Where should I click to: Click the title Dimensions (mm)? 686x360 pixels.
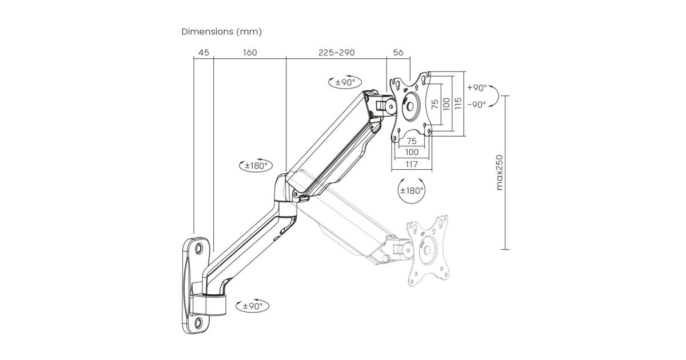point(222,31)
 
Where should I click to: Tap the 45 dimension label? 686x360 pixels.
point(204,53)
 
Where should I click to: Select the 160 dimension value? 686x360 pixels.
point(250,53)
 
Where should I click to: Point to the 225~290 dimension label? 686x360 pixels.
point(336,53)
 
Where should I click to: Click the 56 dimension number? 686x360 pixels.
point(398,53)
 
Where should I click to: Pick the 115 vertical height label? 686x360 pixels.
point(457,103)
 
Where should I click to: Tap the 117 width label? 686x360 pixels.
point(411,165)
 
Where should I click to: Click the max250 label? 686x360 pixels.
point(500,173)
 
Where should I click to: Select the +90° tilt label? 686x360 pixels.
point(476,88)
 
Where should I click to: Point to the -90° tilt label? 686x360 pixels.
point(476,105)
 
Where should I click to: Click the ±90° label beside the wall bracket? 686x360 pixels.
point(252,306)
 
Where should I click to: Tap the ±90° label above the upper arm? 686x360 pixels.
point(345,82)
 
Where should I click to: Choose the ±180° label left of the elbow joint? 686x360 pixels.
point(254,166)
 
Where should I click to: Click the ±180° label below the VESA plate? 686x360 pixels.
point(411,190)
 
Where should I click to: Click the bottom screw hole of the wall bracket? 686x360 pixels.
point(198,323)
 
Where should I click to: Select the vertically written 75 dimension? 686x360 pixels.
point(435,103)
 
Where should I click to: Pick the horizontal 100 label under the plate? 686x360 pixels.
point(411,152)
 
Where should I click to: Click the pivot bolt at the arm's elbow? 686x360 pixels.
point(295,194)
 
